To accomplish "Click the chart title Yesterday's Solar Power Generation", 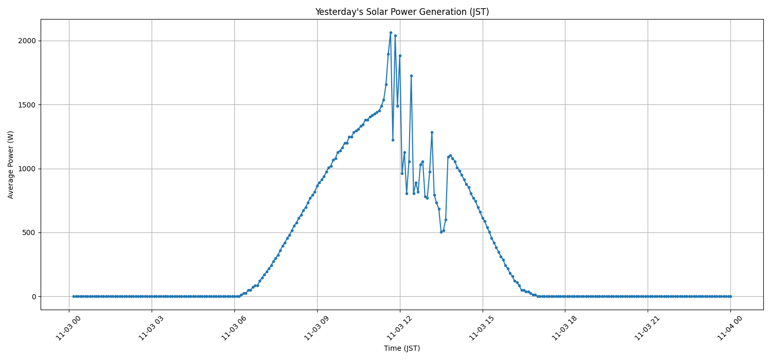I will click(402, 12).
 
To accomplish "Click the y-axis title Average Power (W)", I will click(11, 165).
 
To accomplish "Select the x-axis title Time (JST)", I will click(402, 348).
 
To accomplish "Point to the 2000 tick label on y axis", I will click(27, 41).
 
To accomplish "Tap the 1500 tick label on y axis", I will click(27, 105).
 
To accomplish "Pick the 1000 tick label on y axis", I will click(27, 169).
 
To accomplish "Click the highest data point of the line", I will click(391, 32).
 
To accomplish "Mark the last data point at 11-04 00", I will click(730, 296).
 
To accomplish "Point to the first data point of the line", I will click(74, 296).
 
